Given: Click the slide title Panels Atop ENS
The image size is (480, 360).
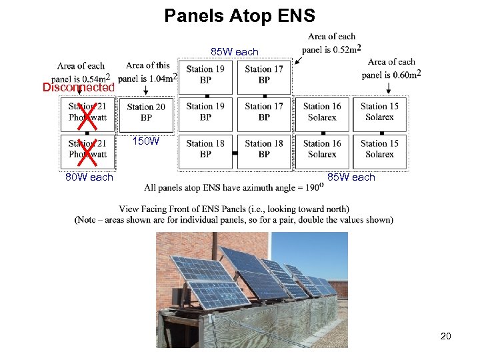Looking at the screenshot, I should pyautogui.click(x=239, y=15).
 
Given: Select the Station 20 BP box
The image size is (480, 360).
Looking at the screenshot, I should pyautogui.click(x=146, y=112).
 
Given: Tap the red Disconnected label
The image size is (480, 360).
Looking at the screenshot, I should pyautogui.click(x=79, y=87).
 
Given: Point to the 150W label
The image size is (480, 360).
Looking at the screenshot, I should pyautogui.click(x=145, y=141).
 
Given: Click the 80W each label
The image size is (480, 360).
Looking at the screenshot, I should pyautogui.click(x=89, y=177).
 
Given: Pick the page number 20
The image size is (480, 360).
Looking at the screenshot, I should pyautogui.click(x=445, y=336).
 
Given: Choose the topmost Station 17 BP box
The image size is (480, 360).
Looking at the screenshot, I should pyautogui.click(x=264, y=74).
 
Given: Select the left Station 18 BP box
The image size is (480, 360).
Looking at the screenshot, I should pyautogui.click(x=205, y=149).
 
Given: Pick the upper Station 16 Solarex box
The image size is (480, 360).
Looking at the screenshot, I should pyautogui.click(x=322, y=111).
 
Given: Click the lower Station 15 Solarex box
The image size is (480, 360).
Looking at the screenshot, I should pyautogui.click(x=379, y=149).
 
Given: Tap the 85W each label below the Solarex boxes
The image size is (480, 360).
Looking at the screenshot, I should pyautogui.click(x=351, y=177).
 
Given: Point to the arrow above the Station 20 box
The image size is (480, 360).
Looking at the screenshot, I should pyautogui.click(x=145, y=89).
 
